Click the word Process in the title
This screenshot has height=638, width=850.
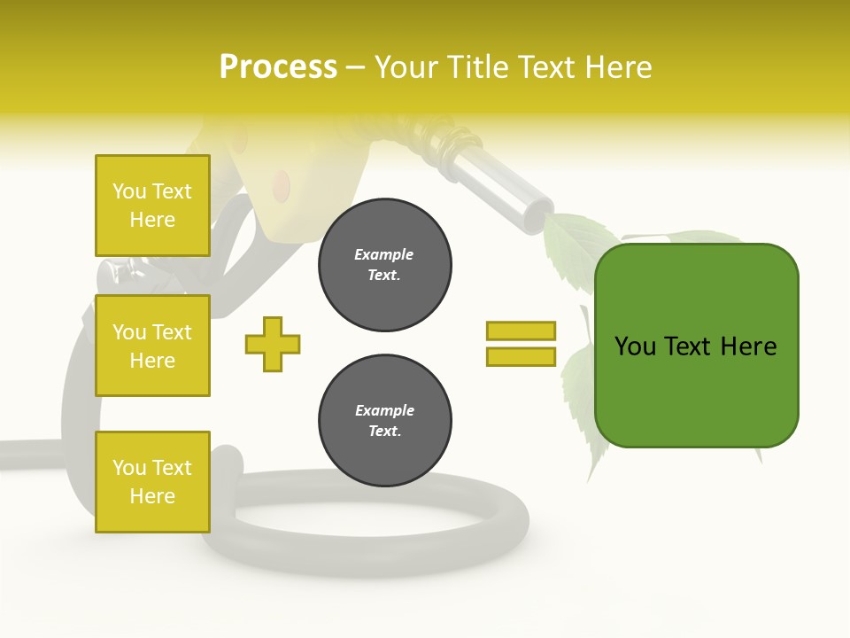tap(278, 67)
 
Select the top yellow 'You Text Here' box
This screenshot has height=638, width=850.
tap(152, 206)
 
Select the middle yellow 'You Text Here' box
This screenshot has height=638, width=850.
tap(152, 346)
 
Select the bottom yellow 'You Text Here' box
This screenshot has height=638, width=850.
tap(152, 482)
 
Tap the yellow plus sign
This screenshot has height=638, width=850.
tap(273, 344)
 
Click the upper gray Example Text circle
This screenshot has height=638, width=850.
tap(384, 265)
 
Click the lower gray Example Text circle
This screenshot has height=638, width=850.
tap(384, 421)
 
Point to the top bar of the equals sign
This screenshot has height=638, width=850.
tap(521, 331)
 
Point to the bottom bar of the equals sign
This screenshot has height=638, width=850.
tap(521, 357)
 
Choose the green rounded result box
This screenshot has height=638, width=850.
tap(696, 346)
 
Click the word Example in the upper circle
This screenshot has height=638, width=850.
tap(384, 254)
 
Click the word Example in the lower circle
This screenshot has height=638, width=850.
tap(384, 410)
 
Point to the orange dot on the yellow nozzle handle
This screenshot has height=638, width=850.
tap(281, 184)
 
